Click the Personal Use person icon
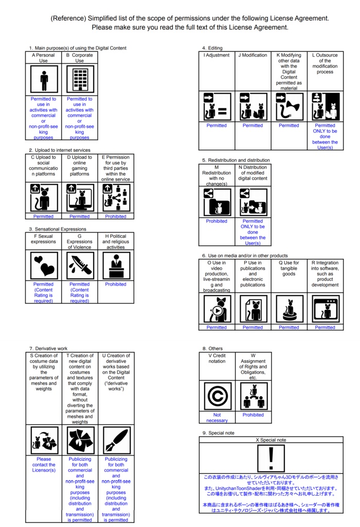click(44, 80)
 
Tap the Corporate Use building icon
click(80, 80)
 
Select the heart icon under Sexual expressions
click(44, 265)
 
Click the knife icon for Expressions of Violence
click(80, 265)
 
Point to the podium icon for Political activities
click(116, 265)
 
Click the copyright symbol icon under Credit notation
click(217, 396)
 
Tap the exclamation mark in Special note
click(271, 458)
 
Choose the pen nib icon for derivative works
click(116, 440)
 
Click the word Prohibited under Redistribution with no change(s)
click(217, 221)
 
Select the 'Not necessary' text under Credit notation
click(217, 417)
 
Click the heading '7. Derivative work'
click(48, 348)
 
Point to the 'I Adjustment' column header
click(217, 56)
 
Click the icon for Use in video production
click(217, 309)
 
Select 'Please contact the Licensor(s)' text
click(44, 465)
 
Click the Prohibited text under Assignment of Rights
click(253, 415)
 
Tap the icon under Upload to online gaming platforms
click(80, 198)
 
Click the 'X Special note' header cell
click(271, 440)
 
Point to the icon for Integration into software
click(325, 309)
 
